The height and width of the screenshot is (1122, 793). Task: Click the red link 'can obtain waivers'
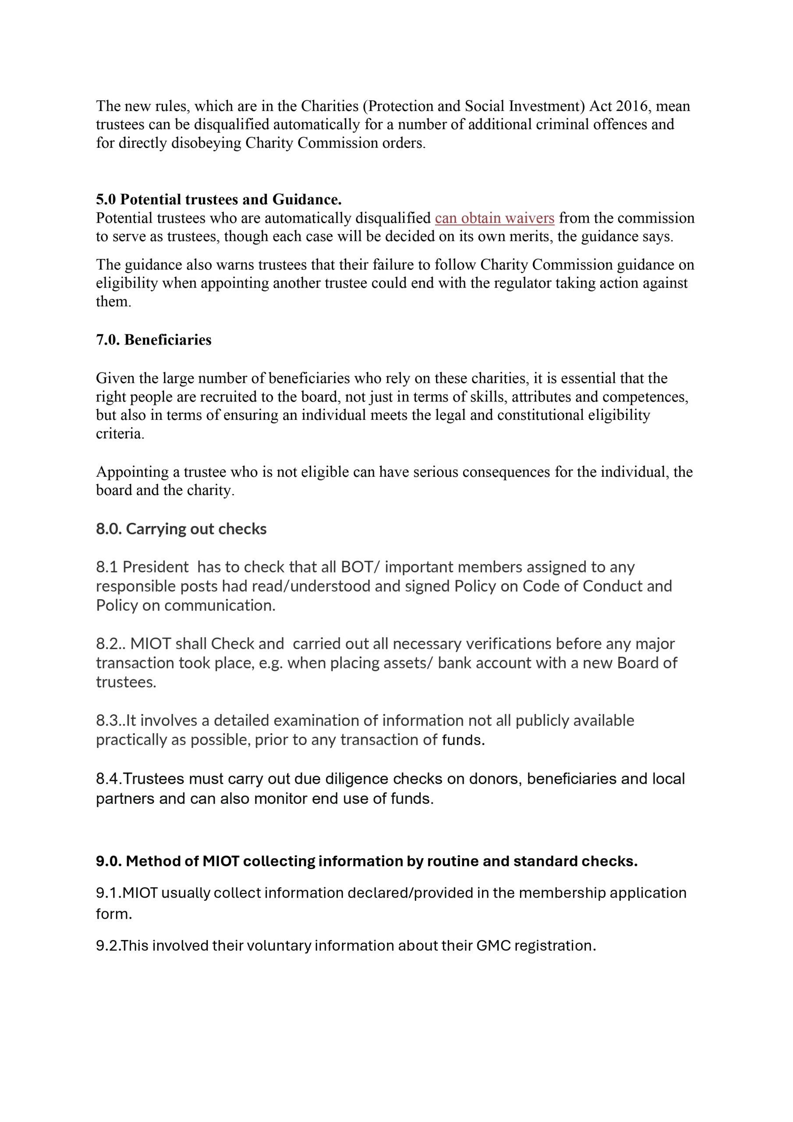pos(495,218)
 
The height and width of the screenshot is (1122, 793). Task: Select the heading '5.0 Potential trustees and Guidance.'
pos(219,199)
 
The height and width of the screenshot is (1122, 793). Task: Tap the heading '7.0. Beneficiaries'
pos(153,340)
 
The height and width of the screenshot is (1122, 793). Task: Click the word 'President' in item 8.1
pos(156,567)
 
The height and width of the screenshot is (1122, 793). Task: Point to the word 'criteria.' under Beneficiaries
pos(120,434)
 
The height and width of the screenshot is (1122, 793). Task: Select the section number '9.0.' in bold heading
pos(109,861)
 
